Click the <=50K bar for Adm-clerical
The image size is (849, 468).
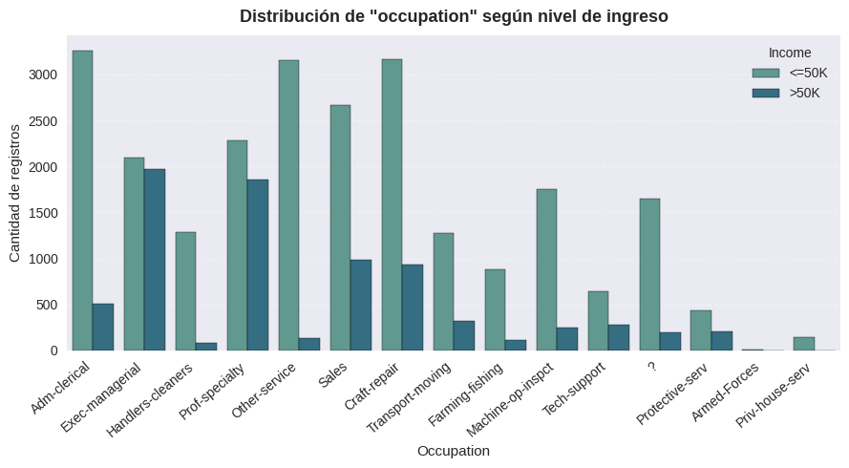click(82, 201)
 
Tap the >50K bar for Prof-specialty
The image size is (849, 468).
click(258, 265)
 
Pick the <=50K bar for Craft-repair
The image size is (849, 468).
click(392, 204)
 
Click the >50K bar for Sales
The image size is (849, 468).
click(361, 305)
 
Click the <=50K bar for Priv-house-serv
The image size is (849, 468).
click(804, 344)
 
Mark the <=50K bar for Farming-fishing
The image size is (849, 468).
click(495, 309)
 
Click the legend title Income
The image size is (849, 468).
click(790, 53)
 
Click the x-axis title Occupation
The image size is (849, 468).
click(454, 451)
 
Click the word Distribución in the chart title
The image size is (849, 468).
click(287, 16)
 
